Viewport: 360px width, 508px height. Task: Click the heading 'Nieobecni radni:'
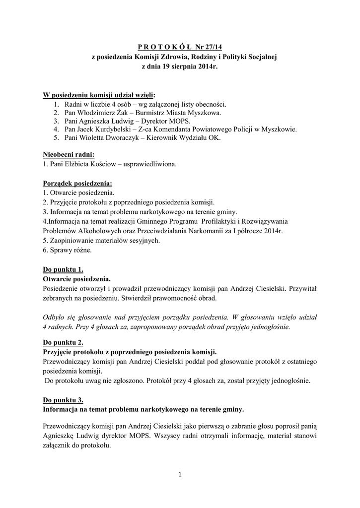(69, 154)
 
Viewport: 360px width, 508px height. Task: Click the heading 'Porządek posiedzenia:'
(77, 183)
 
